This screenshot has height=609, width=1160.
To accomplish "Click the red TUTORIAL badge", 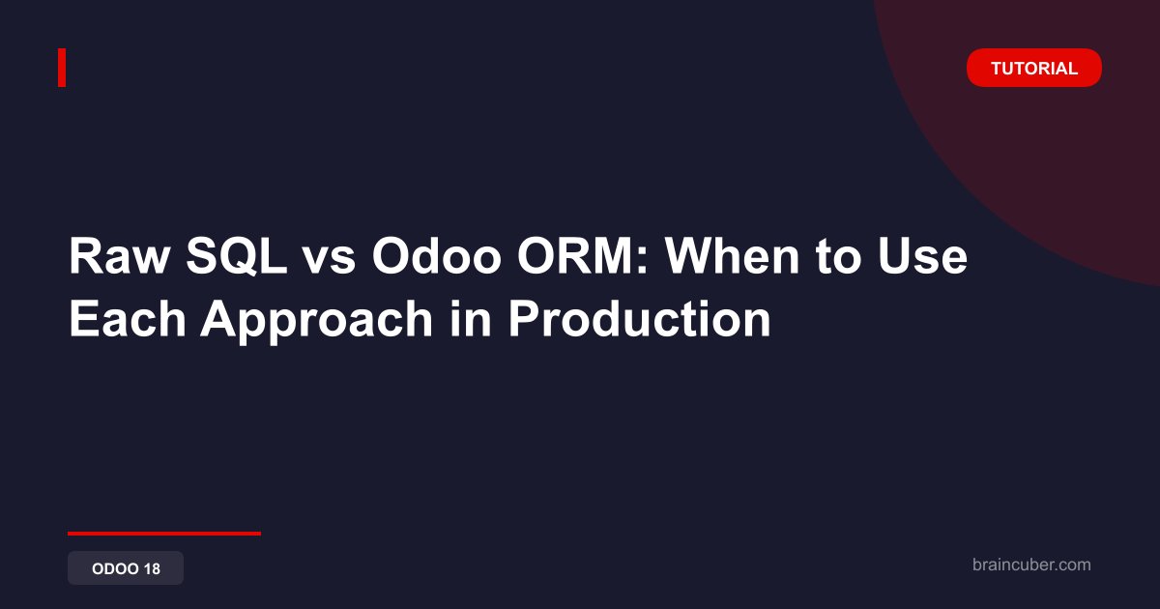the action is [1033, 68].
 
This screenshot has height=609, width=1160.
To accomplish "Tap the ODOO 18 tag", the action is [126, 568].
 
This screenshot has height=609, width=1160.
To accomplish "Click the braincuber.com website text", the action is [1031, 565].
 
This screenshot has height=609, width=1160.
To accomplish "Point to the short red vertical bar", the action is [62, 68].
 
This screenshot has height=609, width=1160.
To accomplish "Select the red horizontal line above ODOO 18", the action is [164, 534].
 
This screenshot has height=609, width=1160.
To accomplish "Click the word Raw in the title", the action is [119, 256].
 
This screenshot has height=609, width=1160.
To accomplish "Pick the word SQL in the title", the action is [237, 256].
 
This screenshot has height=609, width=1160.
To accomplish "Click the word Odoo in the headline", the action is [436, 256].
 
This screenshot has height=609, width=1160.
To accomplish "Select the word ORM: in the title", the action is [583, 256].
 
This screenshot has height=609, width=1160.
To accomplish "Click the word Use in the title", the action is [922, 256].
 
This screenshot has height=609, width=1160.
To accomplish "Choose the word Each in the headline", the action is [128, 318].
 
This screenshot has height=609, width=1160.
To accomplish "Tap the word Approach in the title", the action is [316, 322].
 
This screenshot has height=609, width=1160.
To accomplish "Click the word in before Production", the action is [470, 318].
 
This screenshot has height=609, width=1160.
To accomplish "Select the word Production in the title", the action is [640, 318].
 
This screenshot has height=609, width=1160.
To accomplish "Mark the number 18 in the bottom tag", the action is [153, 568].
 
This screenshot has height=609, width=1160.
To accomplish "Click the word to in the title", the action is [838, 257].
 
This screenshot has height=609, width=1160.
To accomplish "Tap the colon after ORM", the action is [643, 261].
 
